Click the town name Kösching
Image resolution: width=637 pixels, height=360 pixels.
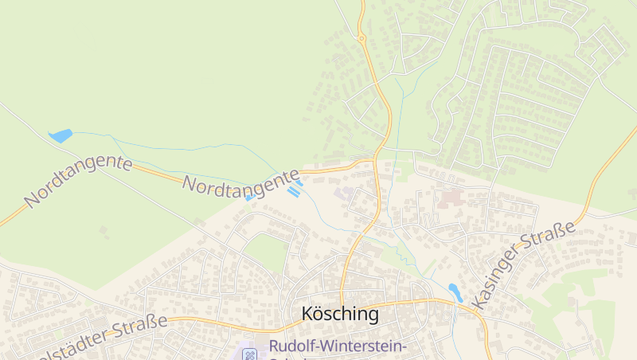click(340, 314)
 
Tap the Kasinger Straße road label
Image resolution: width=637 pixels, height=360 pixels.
click(523, 265)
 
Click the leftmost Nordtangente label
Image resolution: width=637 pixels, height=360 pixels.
click(78, 182)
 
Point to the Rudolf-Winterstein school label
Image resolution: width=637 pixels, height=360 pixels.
click(338, 346)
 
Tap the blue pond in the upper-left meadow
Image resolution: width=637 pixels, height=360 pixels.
click(61, 136)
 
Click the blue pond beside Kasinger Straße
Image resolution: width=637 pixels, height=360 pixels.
click(455, 292)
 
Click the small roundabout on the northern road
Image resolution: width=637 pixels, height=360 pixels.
click(361, 37)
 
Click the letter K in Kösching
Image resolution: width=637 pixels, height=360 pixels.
click(308, 314)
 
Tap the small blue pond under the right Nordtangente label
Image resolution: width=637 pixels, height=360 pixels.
click(249, 198)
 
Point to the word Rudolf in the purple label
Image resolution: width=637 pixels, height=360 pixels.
click(293, 346)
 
